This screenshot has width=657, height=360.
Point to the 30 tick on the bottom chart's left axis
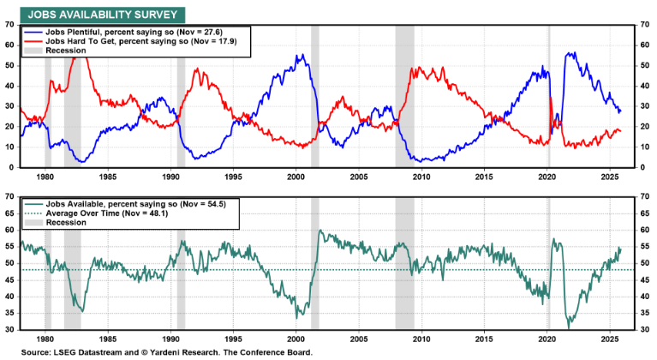coord(9,330)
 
